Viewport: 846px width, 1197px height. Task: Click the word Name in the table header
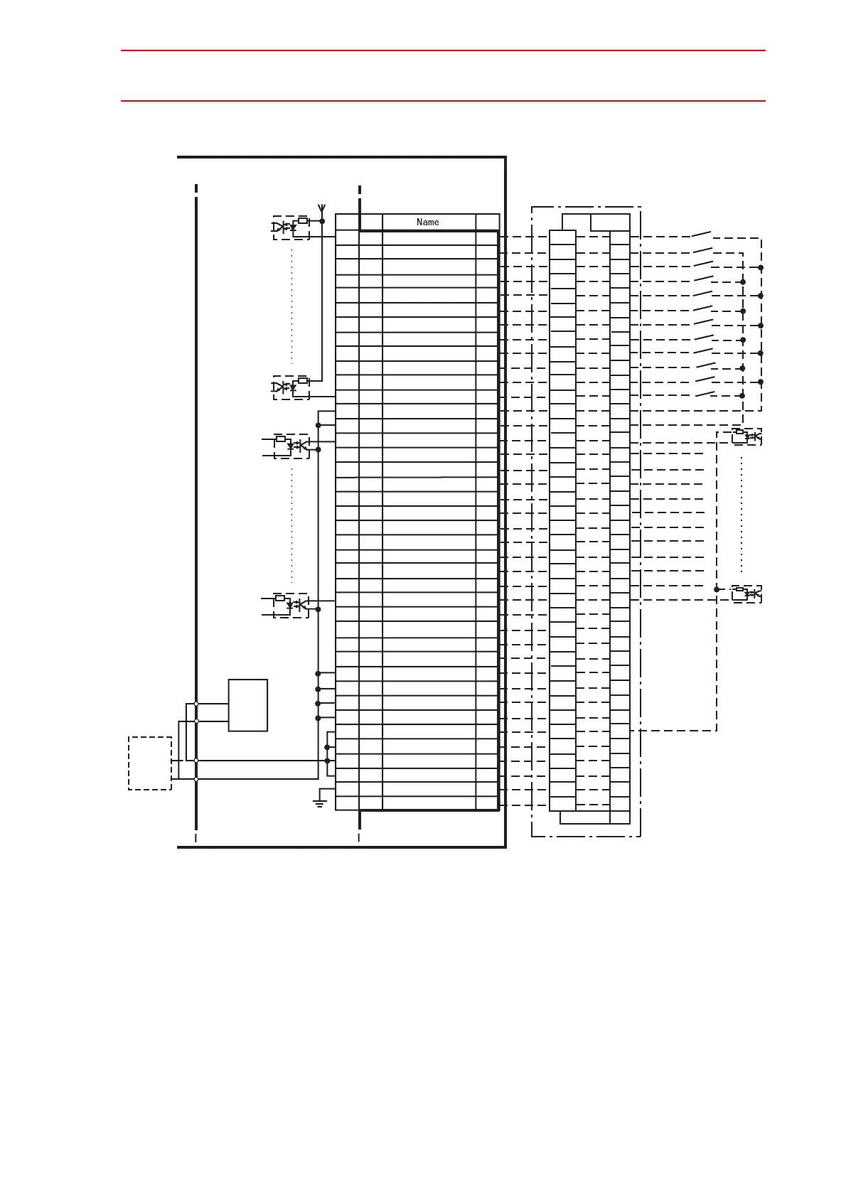pyautogui.click(x=427, y=222)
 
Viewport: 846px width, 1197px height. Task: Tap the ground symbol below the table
pyautogui.click(x=319, y=803)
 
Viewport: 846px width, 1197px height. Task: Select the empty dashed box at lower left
pyautogui.click(x=150, y=763)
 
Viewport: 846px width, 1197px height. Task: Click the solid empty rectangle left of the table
pyautogui.click(x=247, y=705)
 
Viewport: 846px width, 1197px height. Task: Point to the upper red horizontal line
pyautogui.click(x=443, y=50)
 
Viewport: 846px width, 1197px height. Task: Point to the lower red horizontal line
pyautogui.click(x=443, y=101)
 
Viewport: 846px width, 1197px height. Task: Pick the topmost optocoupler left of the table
pyautogui.click(x=291, y=227)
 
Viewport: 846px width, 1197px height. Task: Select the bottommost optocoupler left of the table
pyautogui.click(x=291, y=605)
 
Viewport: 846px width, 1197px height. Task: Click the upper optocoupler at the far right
pyautogui.click(x=746, y=436)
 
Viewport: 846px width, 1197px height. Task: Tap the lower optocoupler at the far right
pyautogui.click(x=746, y=593)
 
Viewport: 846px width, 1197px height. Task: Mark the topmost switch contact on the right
pyautogui.click(x=702, y=234)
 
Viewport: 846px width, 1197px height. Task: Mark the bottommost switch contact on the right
pyautogui.click(x=705, y=393)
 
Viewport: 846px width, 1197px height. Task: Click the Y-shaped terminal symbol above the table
pyautogui.click(x=322, y=209)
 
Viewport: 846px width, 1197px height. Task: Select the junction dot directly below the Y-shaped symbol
pyautogui.click(x=322, y=221)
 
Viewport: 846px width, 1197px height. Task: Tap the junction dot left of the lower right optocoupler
pyautogui.click(x=717, y=589)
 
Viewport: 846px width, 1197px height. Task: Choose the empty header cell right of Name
pyautogui.click(x=487, y=222)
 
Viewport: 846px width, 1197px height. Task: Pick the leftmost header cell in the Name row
pyautogui.click(x=347, y=222)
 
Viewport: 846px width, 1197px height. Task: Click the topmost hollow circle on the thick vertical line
pyautogui.click(x=196, y=704)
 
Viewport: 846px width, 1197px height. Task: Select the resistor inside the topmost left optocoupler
pyautogui.click(x=303, y=220)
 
